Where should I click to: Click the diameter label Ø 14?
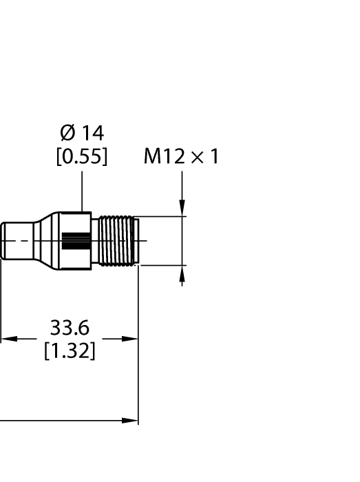click(x=82, y=132)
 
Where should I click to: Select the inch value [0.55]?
click(x=82, y=157)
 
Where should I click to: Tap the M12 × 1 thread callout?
click(x=181, y=157)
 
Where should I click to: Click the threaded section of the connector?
click(x=114, y=240)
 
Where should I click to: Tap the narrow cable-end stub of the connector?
click(x=17, y=240)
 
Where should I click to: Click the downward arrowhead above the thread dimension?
click(x=182, y=209)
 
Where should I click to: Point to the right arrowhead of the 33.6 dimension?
click(x=131, y=339)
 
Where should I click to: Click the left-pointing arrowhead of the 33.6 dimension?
click(x=8, y=339)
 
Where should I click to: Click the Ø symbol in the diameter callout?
click(x=66, y=132)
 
